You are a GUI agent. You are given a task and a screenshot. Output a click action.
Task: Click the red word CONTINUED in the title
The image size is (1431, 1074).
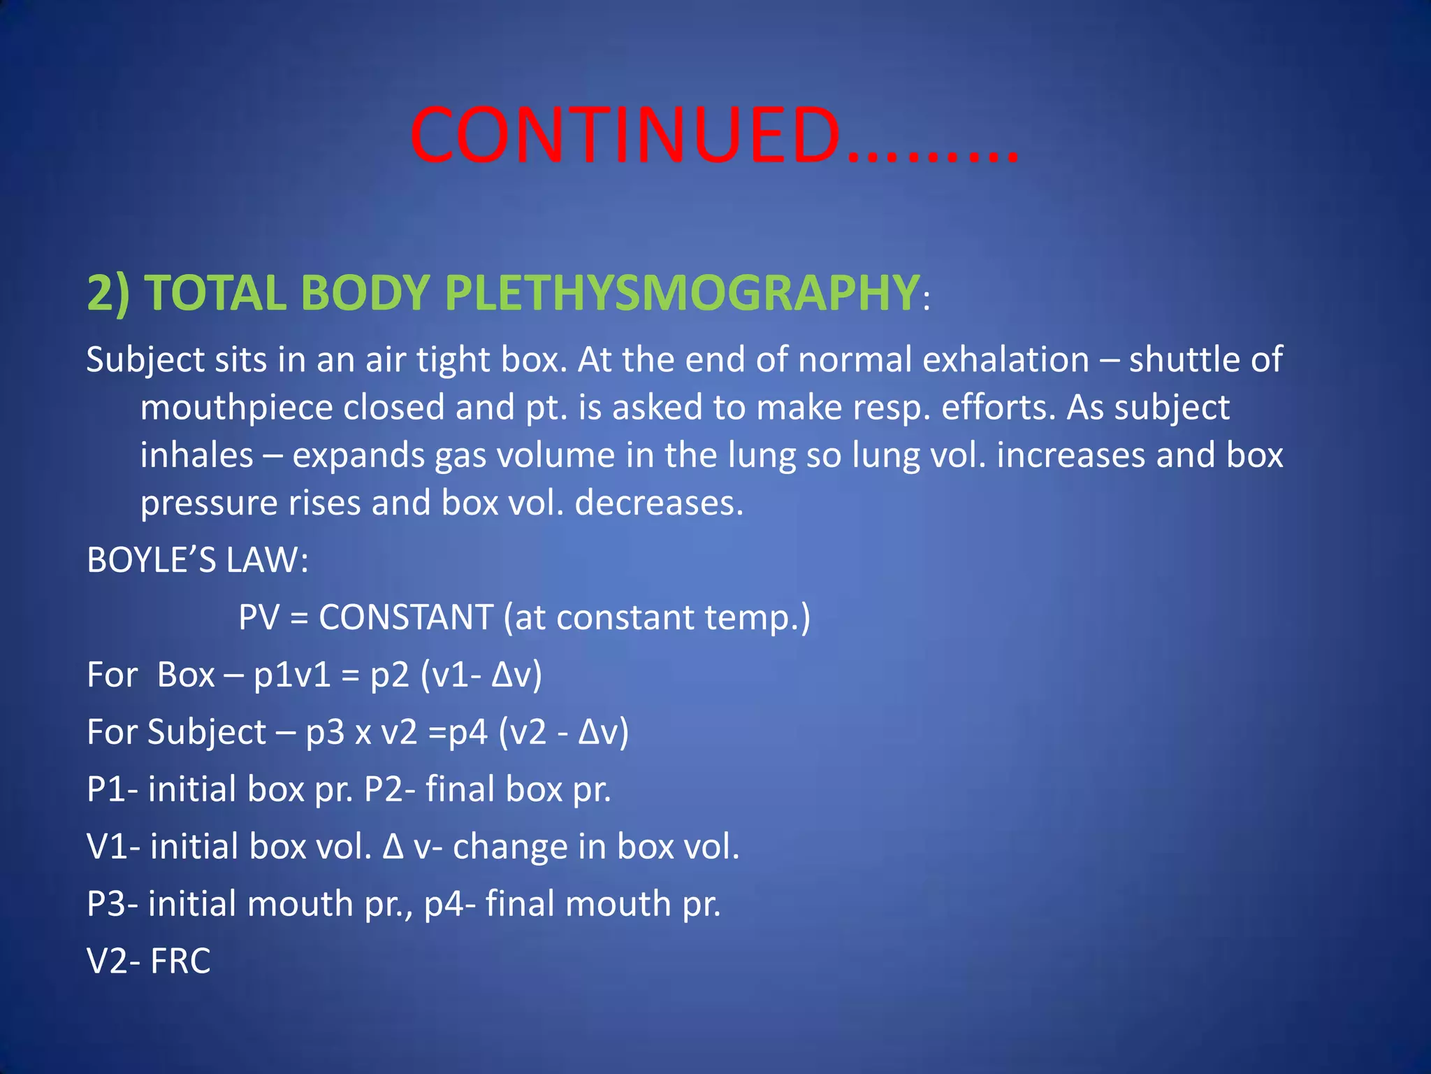click(x=625, y=136)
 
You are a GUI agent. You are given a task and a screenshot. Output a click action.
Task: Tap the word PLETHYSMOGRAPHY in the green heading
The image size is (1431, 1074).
click(x=681, y=292)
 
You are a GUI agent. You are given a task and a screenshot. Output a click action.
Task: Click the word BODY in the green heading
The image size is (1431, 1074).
click(x=365, y=292)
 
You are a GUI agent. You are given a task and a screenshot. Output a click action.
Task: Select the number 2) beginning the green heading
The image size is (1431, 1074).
click(x=108, y=292)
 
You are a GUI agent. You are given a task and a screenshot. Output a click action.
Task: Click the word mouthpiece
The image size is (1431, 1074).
click(x=236, y=408)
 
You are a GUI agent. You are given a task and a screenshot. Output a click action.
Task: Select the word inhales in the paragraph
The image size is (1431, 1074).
click(x=196, y=455)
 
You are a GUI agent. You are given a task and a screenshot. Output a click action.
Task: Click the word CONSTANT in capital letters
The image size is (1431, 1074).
click(x=406, y=617)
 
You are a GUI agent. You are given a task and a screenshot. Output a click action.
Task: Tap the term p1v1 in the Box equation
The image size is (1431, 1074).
click(x=292, y=675)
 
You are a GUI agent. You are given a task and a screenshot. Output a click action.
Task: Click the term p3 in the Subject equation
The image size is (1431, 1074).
click(x=325, y=733)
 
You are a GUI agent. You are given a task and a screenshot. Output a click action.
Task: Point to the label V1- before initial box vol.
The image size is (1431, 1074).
click(x=113, y=847)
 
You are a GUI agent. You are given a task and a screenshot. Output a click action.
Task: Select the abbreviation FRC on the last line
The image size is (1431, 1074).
click(x=180, y=961)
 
